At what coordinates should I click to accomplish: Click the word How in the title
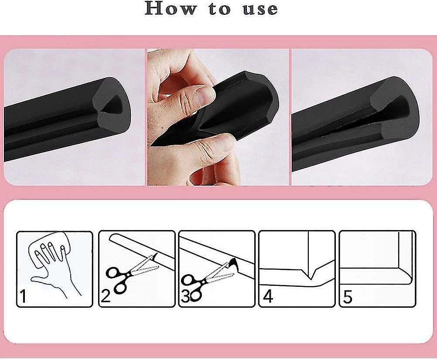tap(171, 8)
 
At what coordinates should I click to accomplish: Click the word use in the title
tap(260, 9)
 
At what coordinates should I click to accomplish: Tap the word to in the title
tap(220, 9)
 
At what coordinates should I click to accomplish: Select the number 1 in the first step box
tap(23, 296)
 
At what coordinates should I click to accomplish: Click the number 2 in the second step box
tap(106, 296)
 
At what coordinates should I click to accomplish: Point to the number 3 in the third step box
tap(185, 296)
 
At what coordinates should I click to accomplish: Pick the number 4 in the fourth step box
tap(268, 296)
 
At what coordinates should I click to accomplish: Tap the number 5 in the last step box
tap(348, 296)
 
